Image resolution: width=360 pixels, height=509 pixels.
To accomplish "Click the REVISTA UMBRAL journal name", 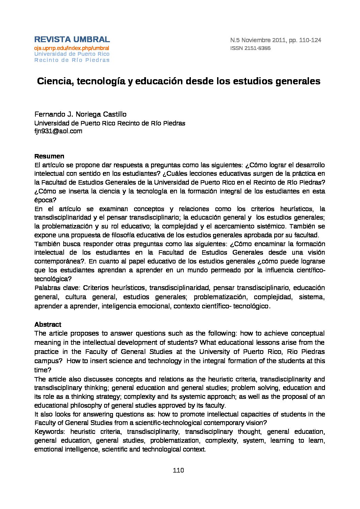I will pyautogui.click(x=72, y=39).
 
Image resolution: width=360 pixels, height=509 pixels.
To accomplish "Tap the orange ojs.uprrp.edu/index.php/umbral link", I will pyautogui.click(x=71, y=48).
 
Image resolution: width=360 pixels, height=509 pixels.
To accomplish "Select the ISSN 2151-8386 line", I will pyautogui.click(x=250, y=48).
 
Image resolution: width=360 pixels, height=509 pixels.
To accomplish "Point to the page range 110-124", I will pyautogui.click(x=310, y=40).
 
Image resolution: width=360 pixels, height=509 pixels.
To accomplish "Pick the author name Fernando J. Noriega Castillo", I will pyautogui.click(x=80, y=114).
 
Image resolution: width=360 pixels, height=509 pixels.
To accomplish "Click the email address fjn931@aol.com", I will pyautogui.click(x=58, y=131).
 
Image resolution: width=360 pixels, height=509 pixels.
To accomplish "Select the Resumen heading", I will pyautogui.click(x=49, y=156).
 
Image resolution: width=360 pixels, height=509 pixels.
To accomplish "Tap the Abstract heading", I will pyautogui.click(x=48, y=324).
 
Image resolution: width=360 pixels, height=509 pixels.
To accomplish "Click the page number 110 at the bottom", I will pyautogui.click(x=178, y=471).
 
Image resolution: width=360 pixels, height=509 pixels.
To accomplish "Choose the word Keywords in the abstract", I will pyautogui.click(x=49, y=432).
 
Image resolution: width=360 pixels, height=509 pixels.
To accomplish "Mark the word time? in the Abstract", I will pyautogui.click(x=43, y=370).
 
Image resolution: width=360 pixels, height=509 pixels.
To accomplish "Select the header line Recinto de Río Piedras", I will pyautogui.click(x=72, y=60).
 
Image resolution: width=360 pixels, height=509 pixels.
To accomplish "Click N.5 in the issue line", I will pyautogui.click(x=235, y=40).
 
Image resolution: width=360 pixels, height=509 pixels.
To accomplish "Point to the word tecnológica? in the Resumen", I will pyautogui.click(x=53, y=279).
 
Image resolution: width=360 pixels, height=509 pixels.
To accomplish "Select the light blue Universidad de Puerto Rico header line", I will pyautogui.click(x=72, y=54).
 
